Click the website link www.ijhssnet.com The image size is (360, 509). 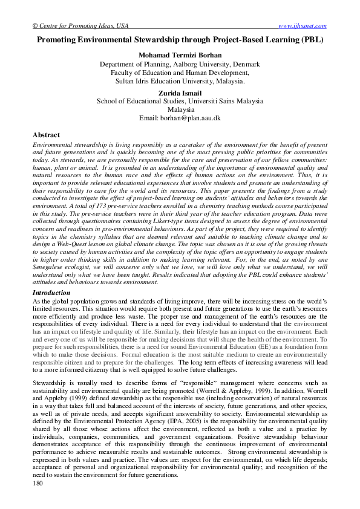coord(302,25)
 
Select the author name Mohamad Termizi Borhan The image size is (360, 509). coord(180,55)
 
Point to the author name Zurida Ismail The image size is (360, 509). coord(180,94)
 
